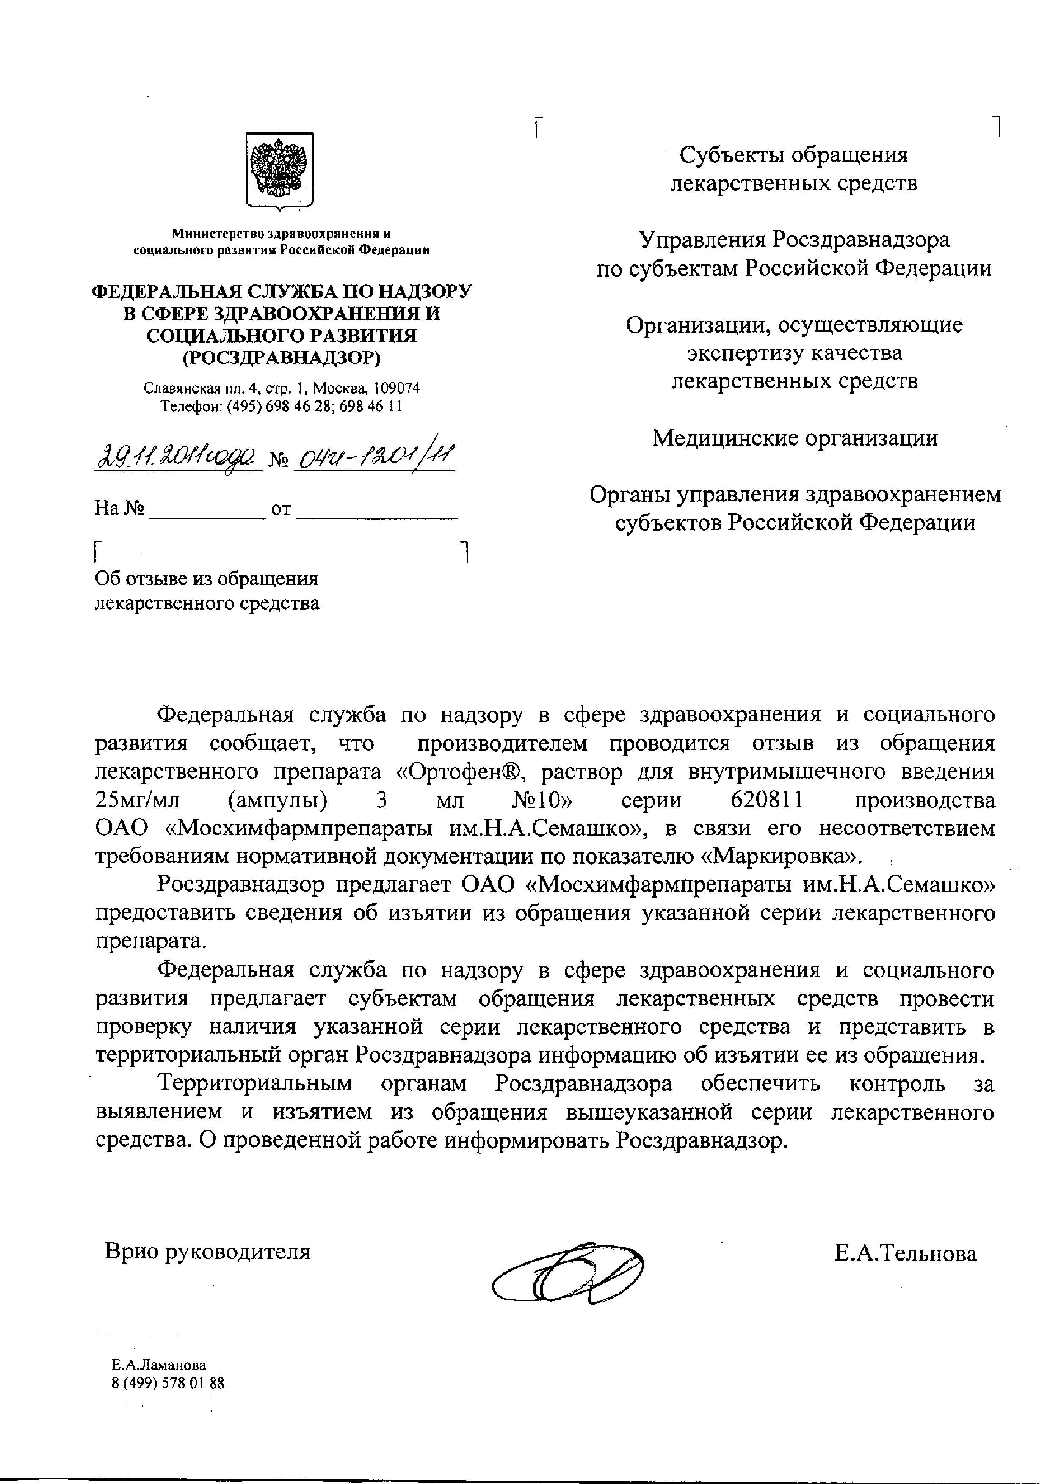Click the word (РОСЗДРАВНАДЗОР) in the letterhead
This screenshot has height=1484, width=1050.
click(x=281, y=358)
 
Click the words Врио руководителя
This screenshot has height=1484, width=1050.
click(x=207, y=1252)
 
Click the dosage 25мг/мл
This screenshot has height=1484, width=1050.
click(x=138, y=800)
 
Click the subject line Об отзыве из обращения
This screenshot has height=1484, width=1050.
click(x=206, y=578)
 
